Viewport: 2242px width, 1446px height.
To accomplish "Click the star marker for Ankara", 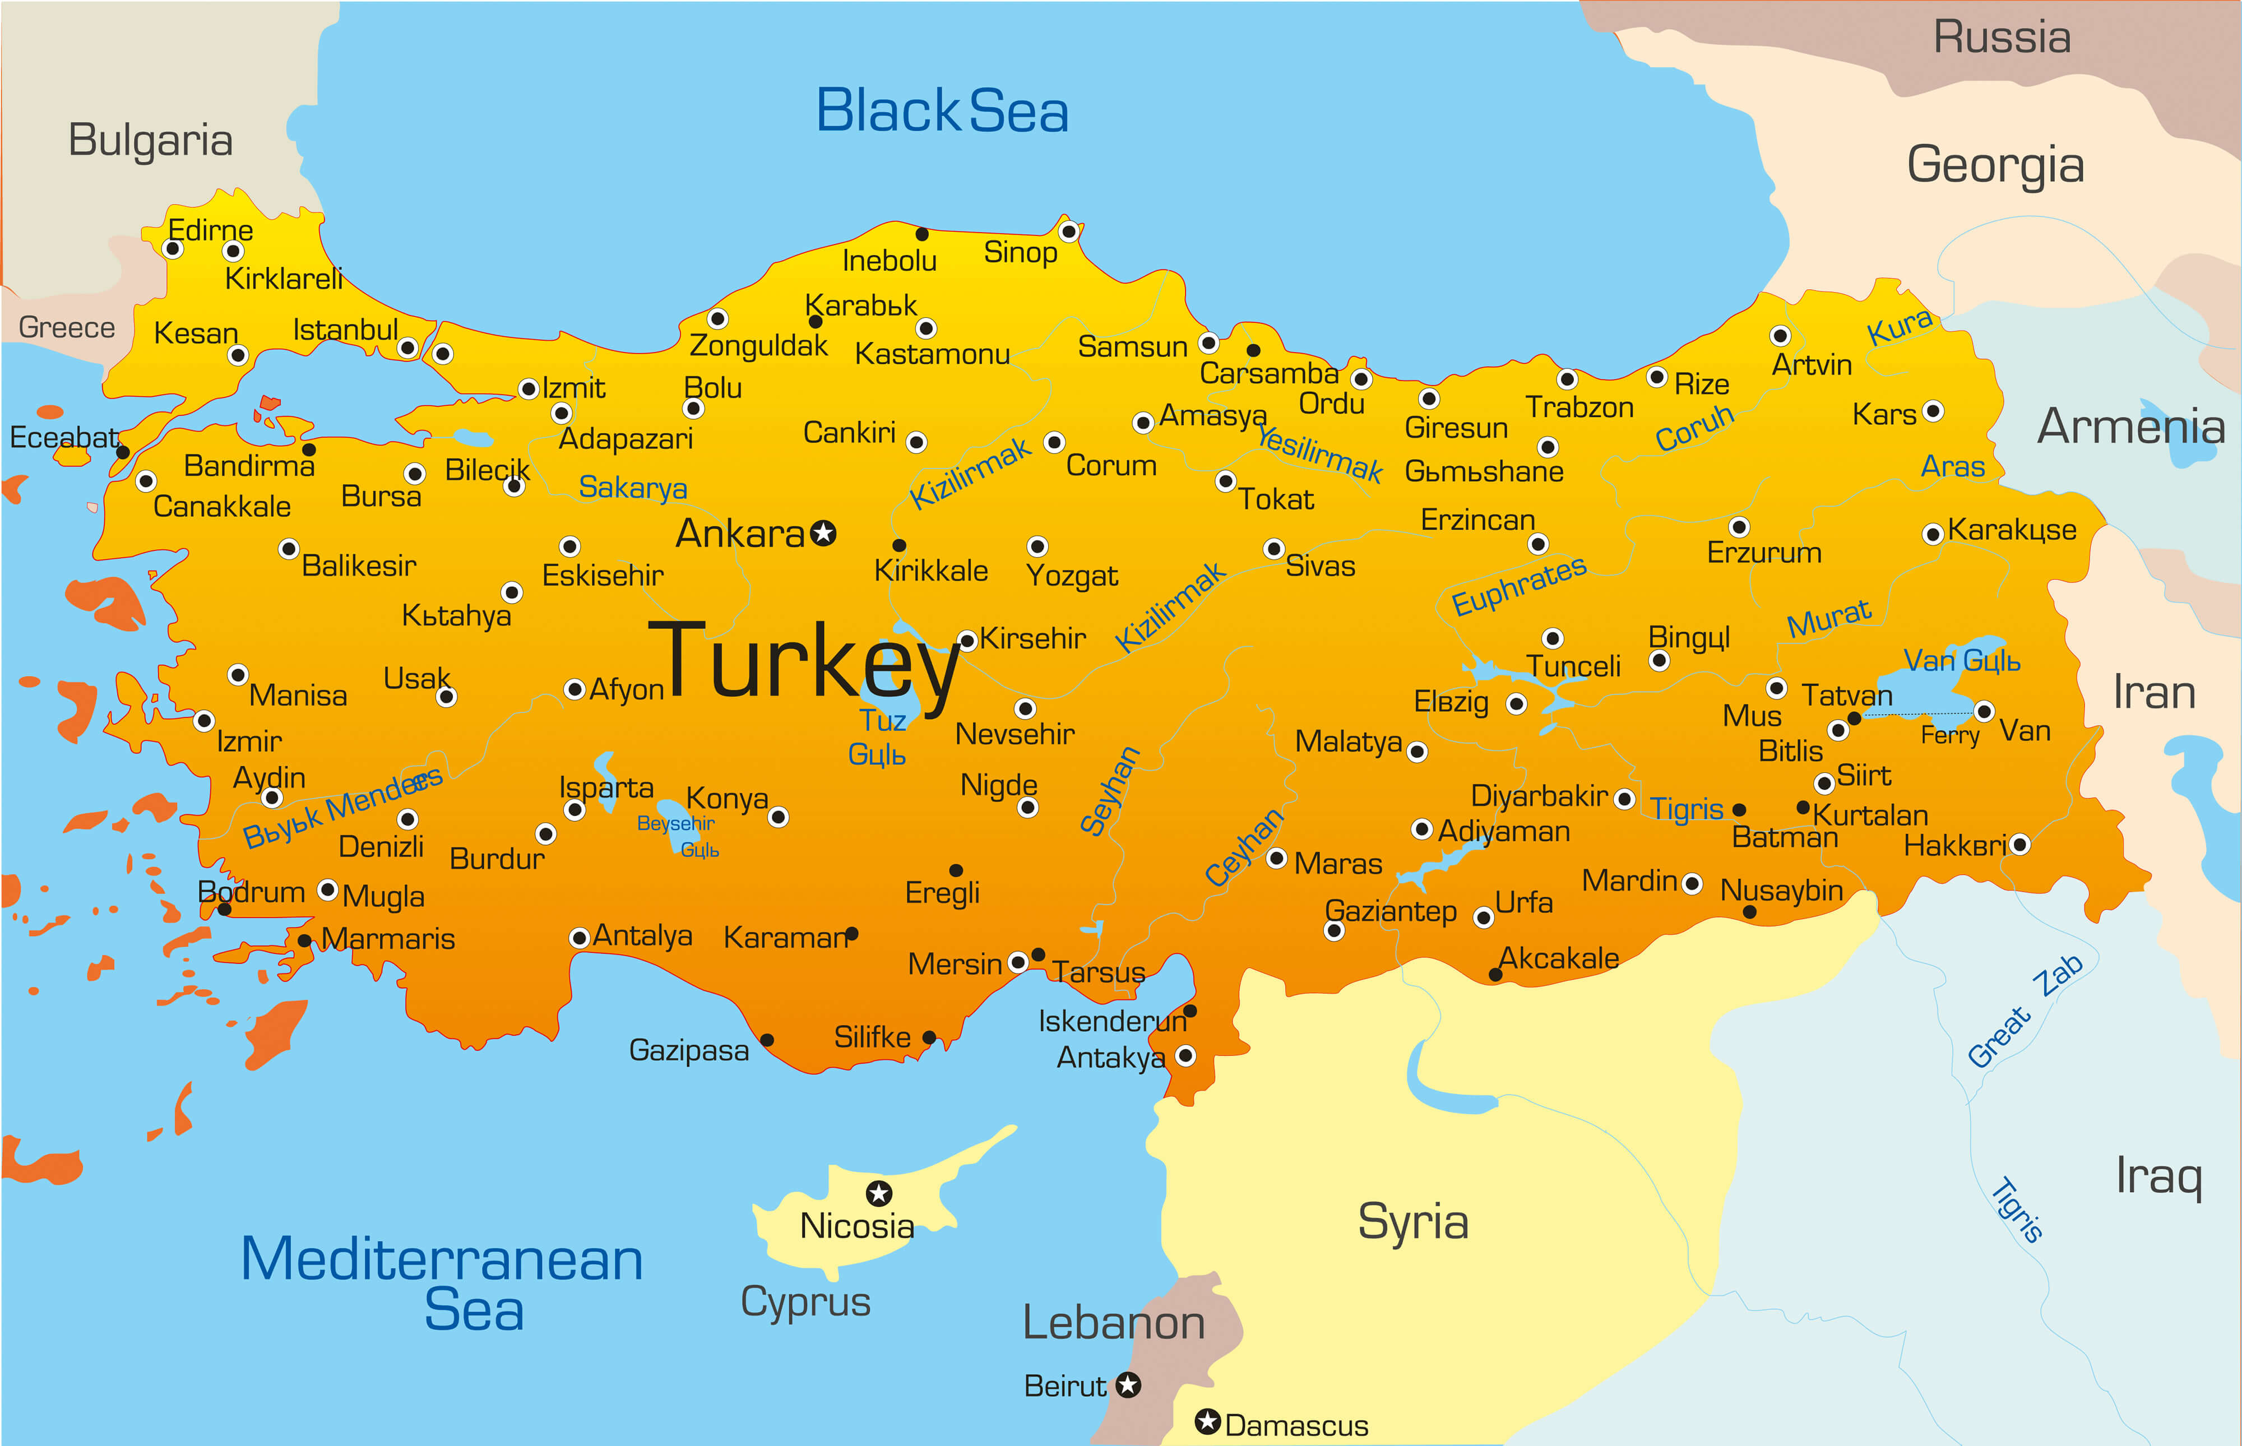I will [823, 534].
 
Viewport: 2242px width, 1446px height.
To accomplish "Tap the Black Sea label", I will [942, 111].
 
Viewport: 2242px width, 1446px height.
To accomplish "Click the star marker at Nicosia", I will [879, 1193].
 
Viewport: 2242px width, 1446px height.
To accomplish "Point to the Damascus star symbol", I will [1207, 1421].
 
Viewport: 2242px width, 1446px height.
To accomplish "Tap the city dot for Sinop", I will [1068, 231].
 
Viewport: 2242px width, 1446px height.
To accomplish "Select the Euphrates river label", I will [1518, 585].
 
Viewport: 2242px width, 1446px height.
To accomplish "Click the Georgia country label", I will [1995, 165].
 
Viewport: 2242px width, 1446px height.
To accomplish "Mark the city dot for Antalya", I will [580, 937].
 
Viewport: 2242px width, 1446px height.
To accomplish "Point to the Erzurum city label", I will [1763, 553].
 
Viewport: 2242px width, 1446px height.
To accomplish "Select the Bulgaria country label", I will [150, 141].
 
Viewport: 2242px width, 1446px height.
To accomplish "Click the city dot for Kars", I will [1932, 411].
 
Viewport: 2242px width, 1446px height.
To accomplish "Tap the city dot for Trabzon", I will [1567, 379].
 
